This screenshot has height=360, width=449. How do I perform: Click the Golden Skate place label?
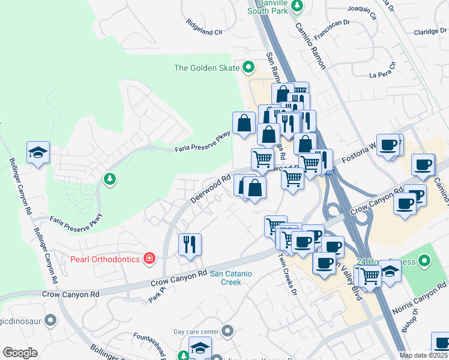click(x=206, y=68)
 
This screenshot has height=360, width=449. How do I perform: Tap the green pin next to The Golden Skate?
click(x=247, y=67)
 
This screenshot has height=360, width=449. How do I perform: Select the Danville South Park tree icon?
click(x=297, y=6)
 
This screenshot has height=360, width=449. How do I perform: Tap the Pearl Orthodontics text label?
click(x=105, y=259)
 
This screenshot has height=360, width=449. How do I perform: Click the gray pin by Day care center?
click(x=227, y=331)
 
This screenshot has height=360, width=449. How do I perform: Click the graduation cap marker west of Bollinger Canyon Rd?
click(x=38, y=153)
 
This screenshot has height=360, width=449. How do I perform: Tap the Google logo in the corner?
click(x=20, y=353)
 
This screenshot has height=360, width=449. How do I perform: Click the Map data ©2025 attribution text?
click(x=423, y=355)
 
